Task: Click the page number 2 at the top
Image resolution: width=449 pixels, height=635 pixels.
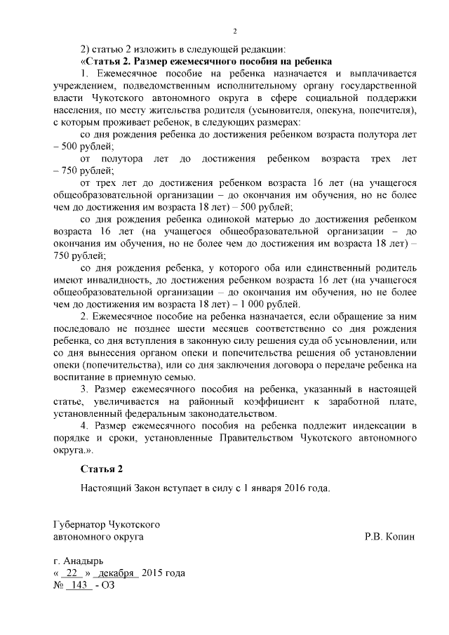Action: point(235,32)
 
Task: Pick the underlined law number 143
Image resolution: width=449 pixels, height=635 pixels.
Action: point(79,585)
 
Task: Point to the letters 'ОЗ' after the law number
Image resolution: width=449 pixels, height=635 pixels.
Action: point(107,585)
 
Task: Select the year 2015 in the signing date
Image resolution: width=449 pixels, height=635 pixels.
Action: point(153,573)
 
